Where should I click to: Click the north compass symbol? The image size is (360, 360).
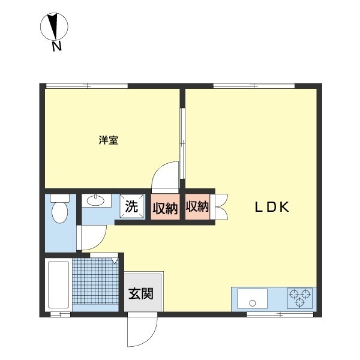pos(54,27)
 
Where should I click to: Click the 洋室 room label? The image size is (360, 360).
pos(108,141)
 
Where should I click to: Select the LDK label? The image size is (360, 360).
pos(272,208)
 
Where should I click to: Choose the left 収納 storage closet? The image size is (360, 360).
pos(164,208)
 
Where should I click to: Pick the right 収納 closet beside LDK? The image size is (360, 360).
pos(197,208)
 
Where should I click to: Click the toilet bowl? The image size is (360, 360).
pos(59,212)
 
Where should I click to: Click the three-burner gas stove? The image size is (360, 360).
pos(299,298)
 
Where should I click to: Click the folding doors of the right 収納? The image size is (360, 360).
pos(218,208)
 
